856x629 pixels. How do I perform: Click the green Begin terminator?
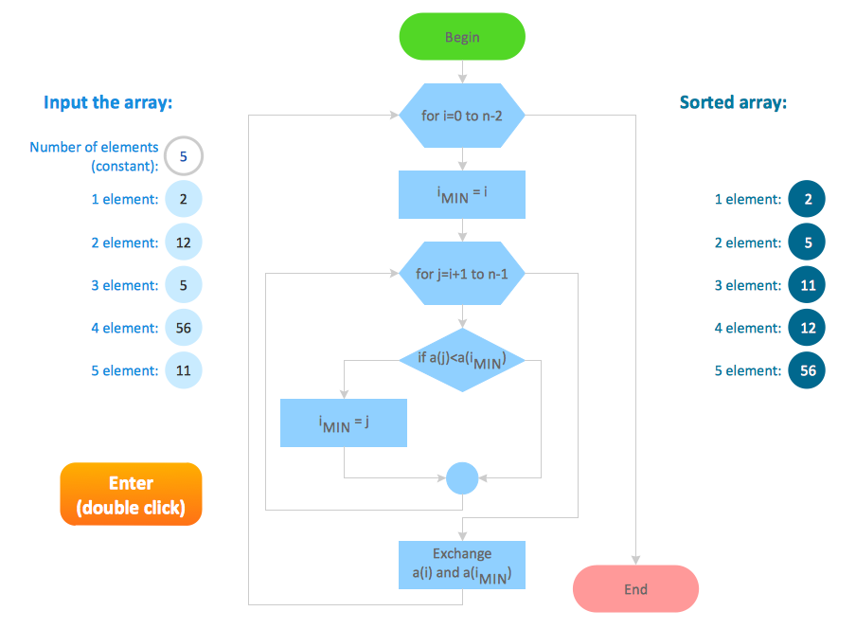point(462,37)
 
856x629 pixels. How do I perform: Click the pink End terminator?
point(635,589)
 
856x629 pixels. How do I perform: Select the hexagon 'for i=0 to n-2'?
point(462,116)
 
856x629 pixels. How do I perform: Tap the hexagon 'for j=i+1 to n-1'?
point(462,274)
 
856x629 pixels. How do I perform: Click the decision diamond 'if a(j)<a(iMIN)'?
point(462,359)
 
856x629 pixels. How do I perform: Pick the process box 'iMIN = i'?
point(462,195)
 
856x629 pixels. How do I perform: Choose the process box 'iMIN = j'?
point(344,422)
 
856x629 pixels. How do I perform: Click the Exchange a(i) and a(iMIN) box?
point(462,565)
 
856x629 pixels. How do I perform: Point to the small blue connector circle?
point(462,477)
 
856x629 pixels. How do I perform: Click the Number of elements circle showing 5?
point(184,156)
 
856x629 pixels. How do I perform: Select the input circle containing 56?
point(184,328)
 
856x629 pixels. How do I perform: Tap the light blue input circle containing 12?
point(184,243)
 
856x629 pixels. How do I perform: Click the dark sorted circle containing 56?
point(807,370)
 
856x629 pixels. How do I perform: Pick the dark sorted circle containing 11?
point(807,285)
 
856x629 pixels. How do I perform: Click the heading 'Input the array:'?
point(108,102)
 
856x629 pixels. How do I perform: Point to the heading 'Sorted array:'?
point(733,102)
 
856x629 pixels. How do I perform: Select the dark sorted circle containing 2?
point(807,199)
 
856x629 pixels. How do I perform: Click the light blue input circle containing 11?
point(184,370)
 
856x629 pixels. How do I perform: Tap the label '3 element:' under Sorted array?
point(748,285)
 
